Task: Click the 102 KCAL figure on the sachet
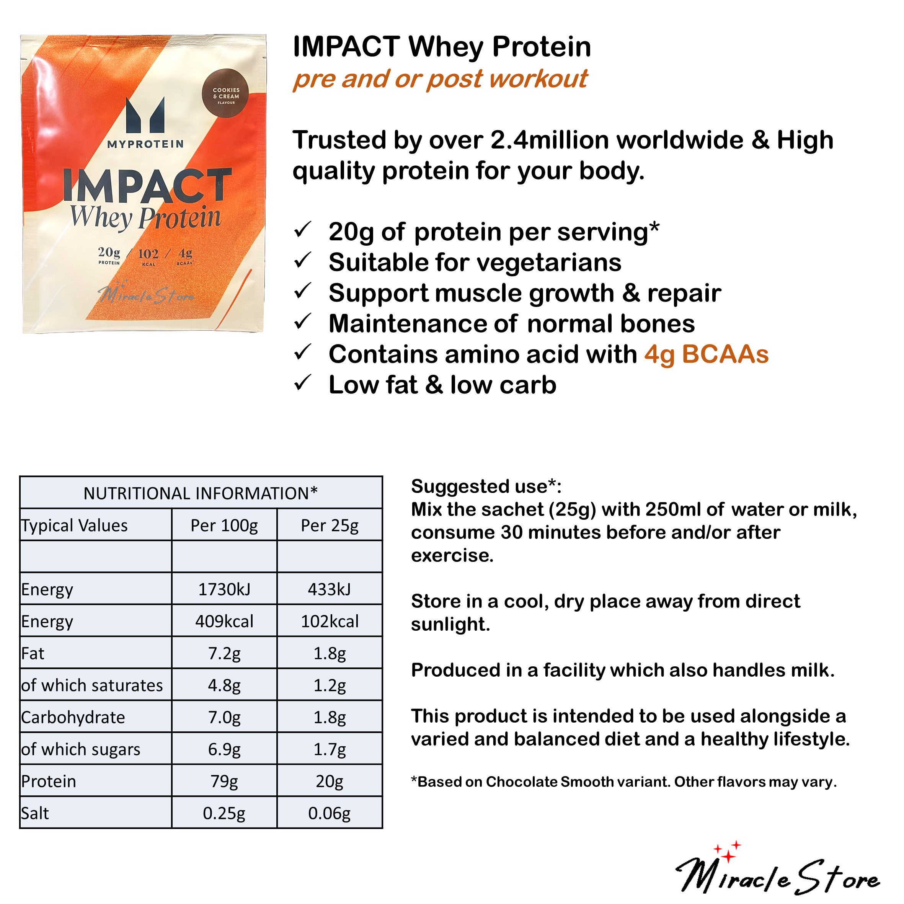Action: (148, 256)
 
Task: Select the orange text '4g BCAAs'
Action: (706, 354)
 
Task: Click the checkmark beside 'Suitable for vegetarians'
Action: (303, 261)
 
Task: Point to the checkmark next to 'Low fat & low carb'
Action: (303, 384)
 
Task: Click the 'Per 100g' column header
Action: (224, 525)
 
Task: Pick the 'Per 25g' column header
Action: (330, 525)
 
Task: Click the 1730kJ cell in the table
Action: (224, 589)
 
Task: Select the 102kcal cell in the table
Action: (330, 622)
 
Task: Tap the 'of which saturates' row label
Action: (92, 685)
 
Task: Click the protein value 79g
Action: (224, 782)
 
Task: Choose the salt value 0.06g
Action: (330, 813)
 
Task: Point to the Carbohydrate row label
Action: (73, 717)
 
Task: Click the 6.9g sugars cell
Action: (224, 749)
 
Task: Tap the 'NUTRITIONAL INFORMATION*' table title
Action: (201, 493)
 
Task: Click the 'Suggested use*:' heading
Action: (486, 486)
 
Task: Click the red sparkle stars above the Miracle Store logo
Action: (727, 853)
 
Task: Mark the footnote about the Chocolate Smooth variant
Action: (624, 782)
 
